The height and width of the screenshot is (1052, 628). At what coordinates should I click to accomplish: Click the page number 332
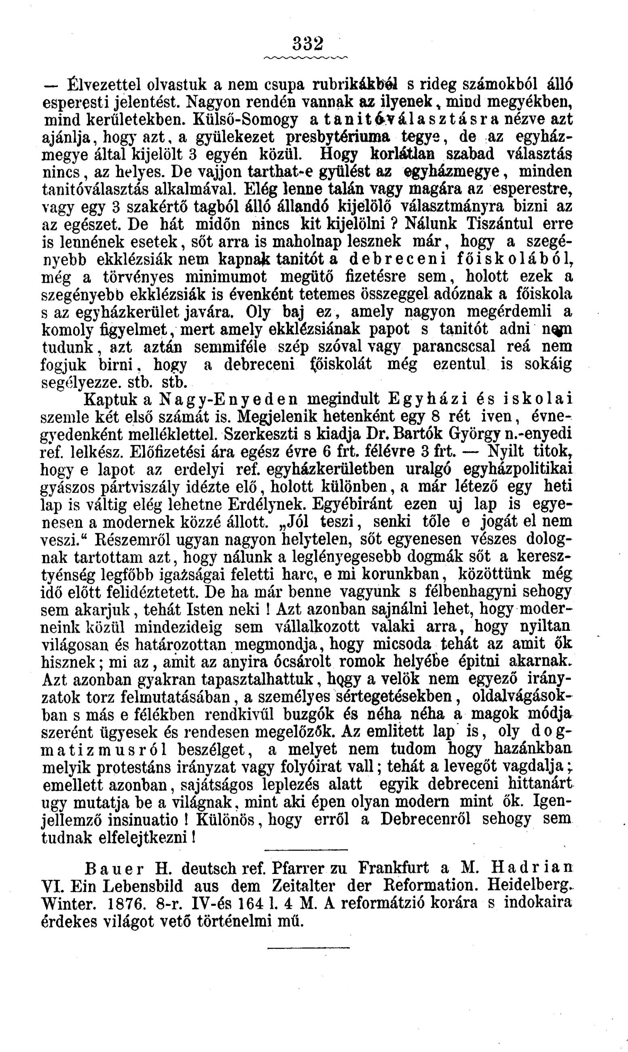308,43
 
